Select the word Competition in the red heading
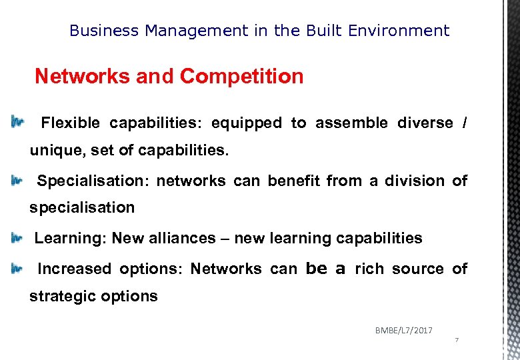241,77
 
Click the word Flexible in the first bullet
70,123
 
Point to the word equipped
246,123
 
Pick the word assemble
351,123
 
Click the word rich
369,269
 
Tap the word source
417,269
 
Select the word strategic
61,297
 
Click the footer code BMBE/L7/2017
403,330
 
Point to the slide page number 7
457,341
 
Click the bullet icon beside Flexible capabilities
16,123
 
